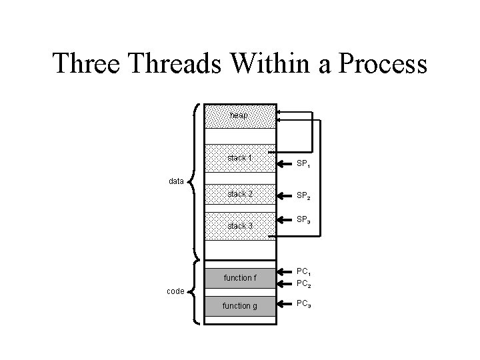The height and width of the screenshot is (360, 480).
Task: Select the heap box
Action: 239,115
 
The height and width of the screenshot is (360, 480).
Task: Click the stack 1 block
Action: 239,159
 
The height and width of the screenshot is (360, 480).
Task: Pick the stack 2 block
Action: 239,194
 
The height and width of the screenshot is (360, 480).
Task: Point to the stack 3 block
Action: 239,226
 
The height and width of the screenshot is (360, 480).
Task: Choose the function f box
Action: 239,277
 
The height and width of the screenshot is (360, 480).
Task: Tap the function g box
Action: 239,306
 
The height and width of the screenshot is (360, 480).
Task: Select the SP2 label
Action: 304,197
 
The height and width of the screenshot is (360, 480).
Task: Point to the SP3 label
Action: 304,220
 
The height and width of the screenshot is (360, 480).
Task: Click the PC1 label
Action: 304,272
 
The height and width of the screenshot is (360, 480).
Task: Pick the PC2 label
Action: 304,285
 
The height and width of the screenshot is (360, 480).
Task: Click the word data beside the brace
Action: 176,181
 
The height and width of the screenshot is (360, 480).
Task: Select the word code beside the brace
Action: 176,291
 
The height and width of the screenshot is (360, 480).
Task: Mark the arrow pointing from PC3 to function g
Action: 285,305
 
